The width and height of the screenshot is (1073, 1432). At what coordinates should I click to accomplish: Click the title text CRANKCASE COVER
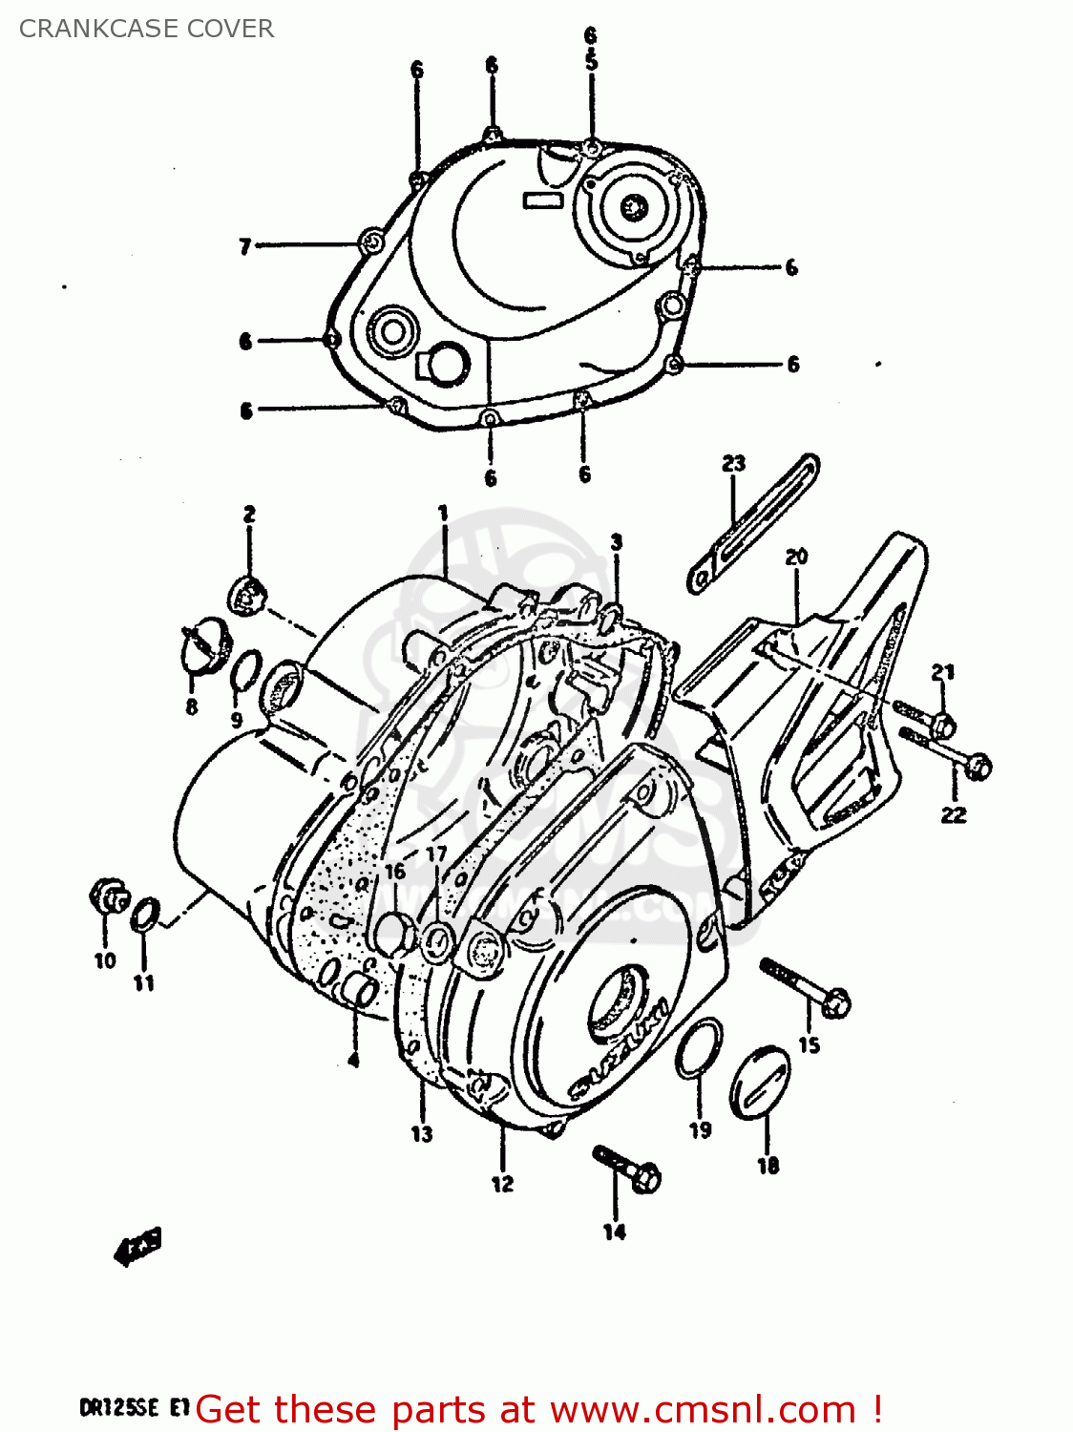tap(146, 29)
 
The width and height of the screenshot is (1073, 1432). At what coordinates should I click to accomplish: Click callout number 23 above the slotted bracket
tap(733, 464)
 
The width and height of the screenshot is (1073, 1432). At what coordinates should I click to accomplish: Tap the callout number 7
tap(244, 247)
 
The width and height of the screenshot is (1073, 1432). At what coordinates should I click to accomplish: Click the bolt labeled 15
tap(807, 987)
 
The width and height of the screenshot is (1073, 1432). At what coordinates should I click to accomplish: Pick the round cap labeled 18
tap(760, 1081)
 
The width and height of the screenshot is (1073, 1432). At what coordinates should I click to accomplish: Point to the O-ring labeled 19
tap(699, 1048)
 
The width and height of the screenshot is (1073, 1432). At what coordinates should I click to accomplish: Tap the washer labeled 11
tap(144, 914)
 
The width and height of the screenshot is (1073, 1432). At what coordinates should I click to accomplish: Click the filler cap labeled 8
tap(203, 643)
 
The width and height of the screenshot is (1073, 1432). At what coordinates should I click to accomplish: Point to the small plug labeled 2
tap(244, 596)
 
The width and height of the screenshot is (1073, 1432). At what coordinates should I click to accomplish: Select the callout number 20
tap(796, 557)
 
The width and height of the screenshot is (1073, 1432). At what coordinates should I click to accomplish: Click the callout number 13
tap(422, 1134)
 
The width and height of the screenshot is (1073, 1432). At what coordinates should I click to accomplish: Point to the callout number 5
tap(591, 62)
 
